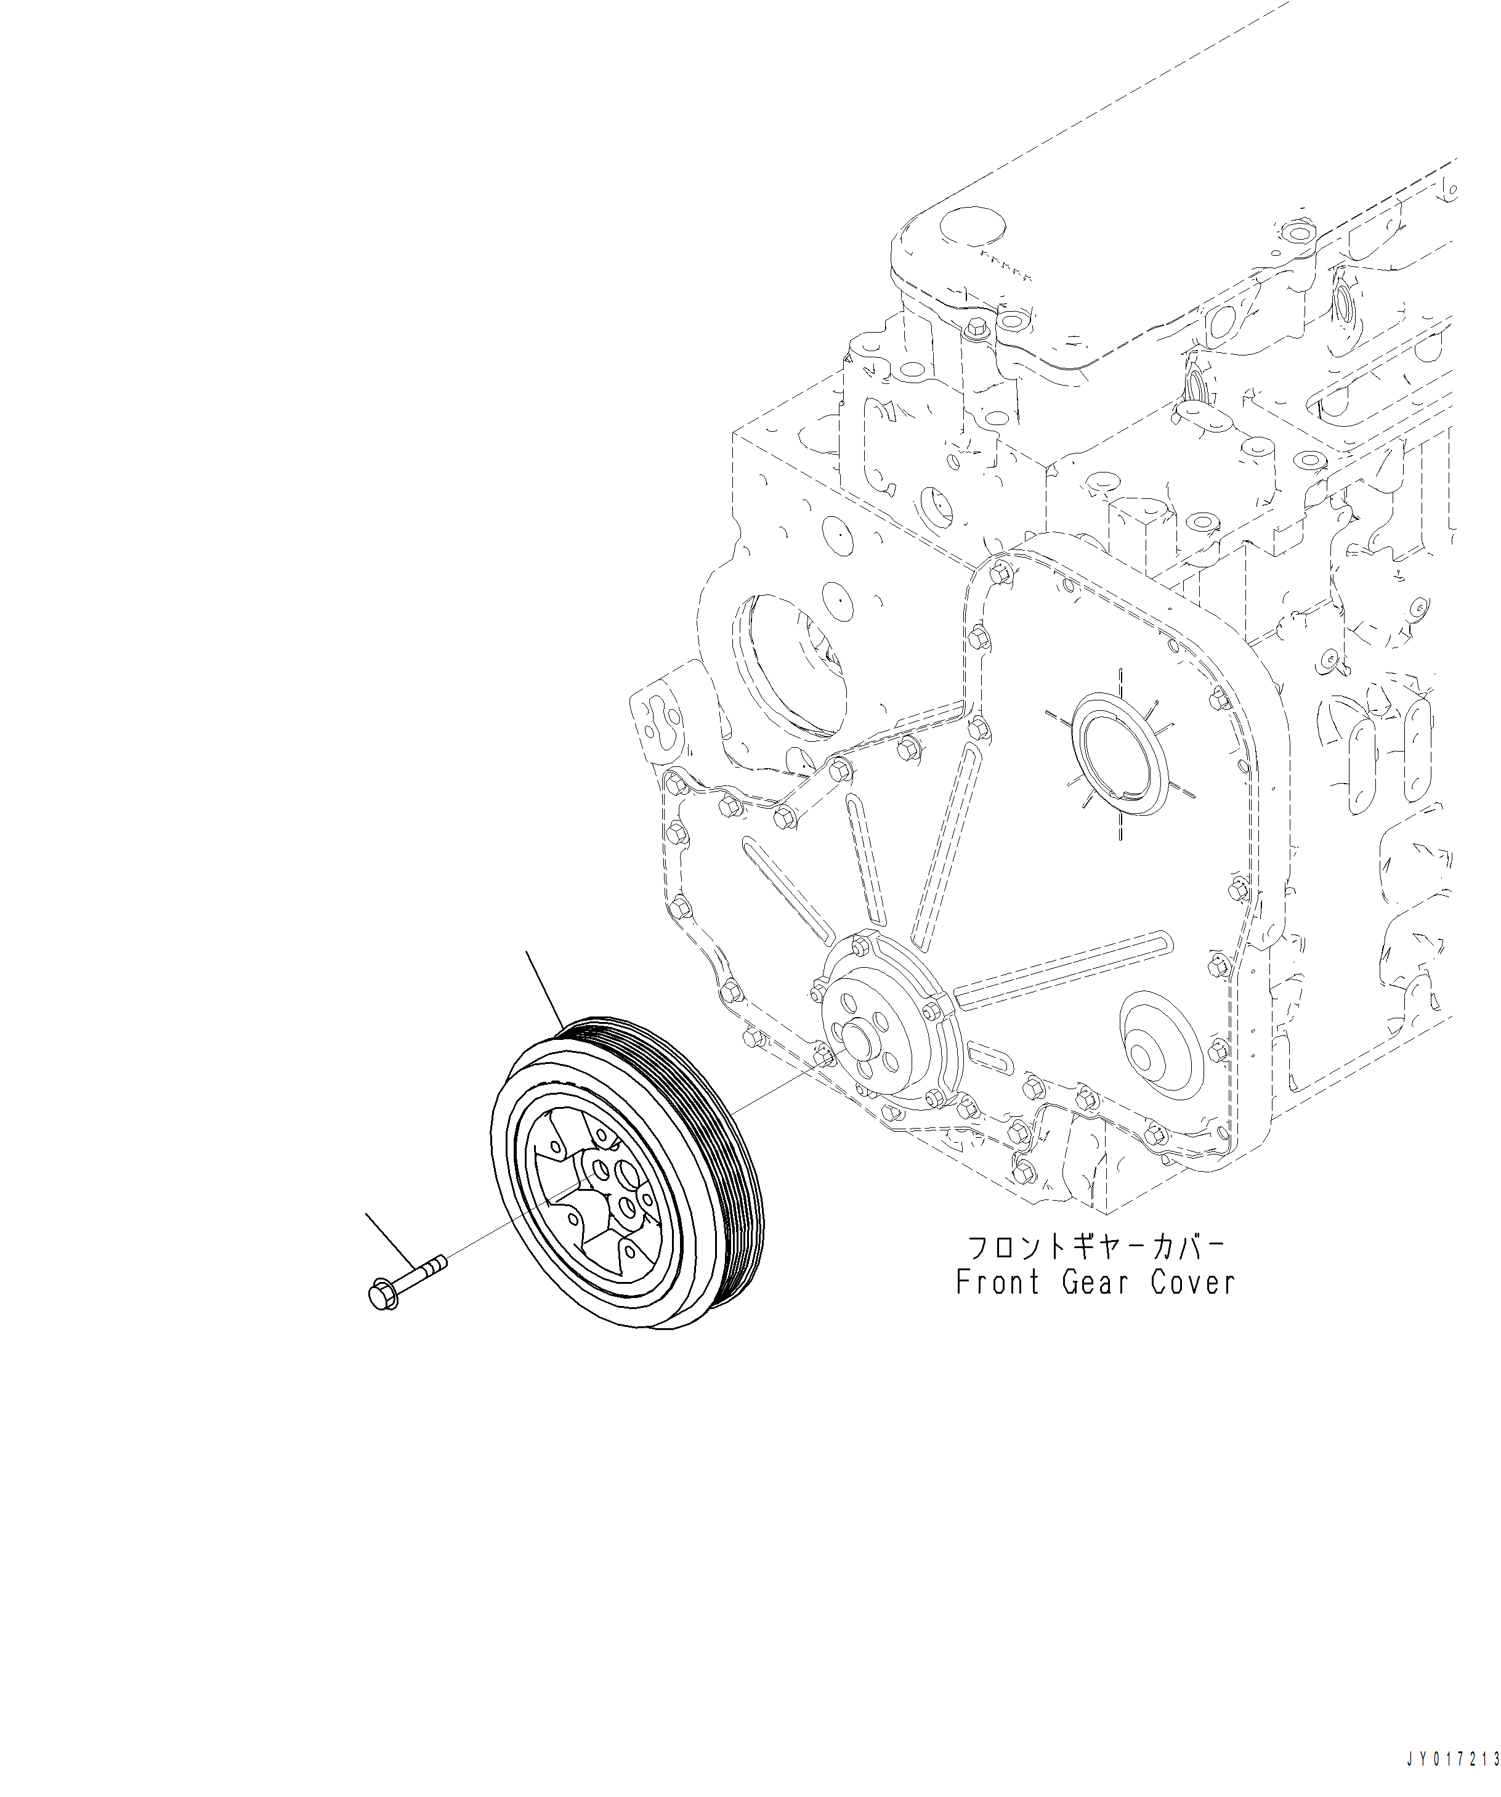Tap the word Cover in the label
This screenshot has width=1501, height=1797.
pos(1193,1307)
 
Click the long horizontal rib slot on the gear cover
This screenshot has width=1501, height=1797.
pos(1058,970)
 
